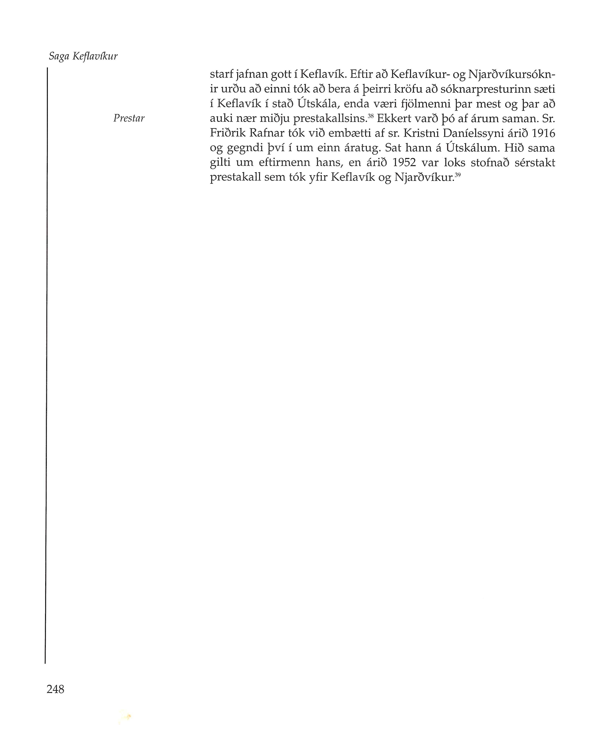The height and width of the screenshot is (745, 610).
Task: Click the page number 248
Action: [x=56, y=689]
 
